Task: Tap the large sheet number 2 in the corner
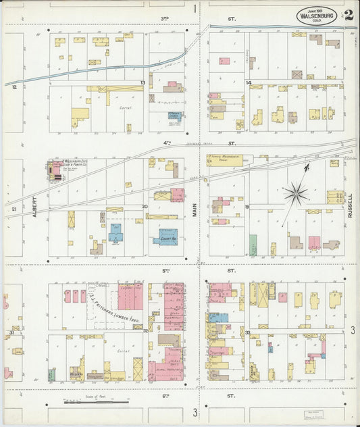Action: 348,15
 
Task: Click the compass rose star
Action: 296,194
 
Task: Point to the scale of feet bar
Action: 95,402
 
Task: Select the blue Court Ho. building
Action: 165,236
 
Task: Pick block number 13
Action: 143,83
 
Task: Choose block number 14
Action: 249,83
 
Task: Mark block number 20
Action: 145,207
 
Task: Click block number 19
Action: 247,207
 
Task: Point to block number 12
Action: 14,86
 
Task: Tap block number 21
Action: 14,209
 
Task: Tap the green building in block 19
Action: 253,245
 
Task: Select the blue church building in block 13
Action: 174,116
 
